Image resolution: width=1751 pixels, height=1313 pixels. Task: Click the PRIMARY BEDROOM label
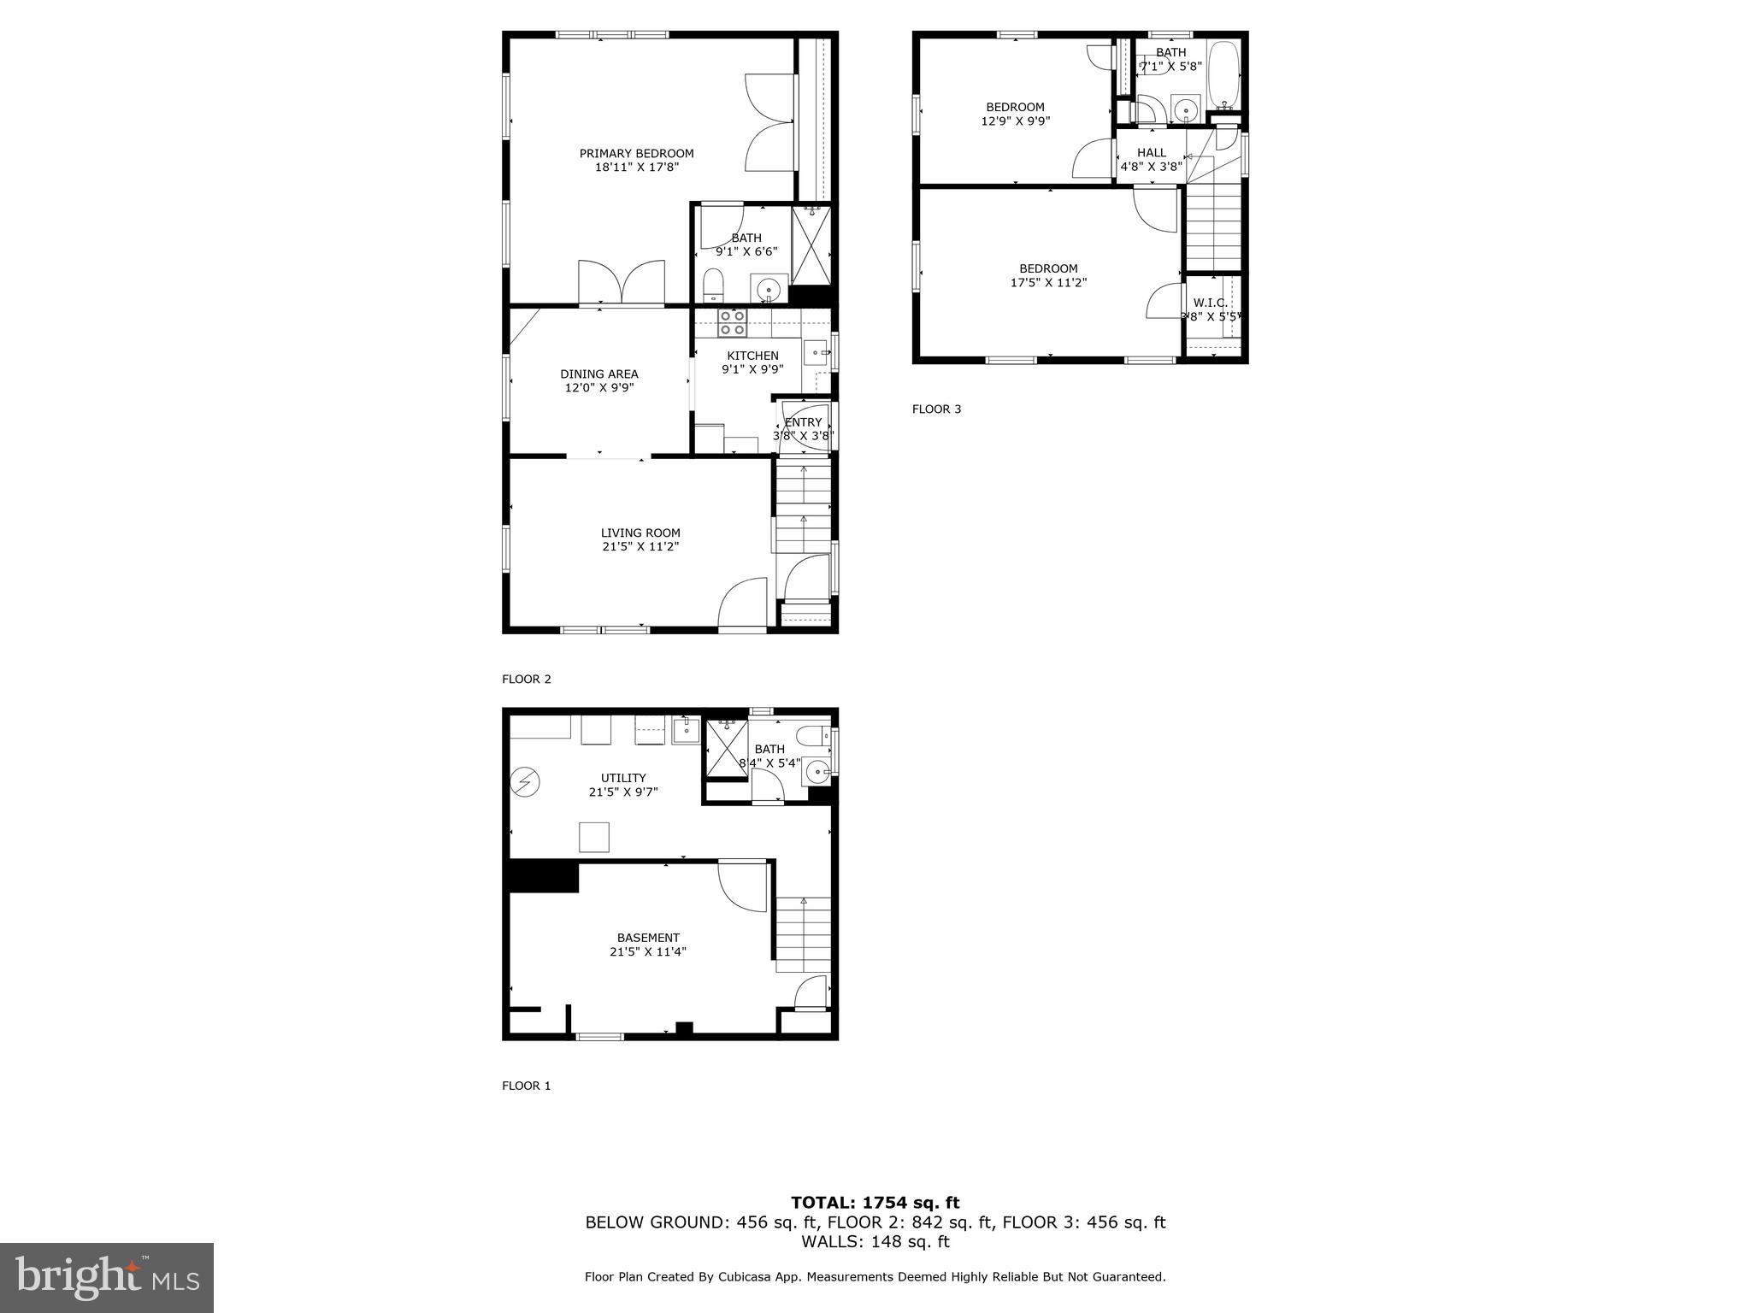pos(636,154)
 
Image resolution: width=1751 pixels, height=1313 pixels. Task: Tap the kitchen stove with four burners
pos(732,322)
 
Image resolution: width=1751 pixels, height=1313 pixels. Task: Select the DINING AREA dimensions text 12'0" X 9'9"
pos(598,388)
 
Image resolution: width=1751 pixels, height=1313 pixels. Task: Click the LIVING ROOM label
pos(640,533)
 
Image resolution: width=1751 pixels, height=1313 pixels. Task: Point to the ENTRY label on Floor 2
pos(803,422)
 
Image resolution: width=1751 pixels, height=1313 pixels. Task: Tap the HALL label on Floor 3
pos(1151,153)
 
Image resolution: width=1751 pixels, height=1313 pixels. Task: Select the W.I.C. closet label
pos(1210,303)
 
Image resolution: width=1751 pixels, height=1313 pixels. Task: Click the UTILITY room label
pos(623,778)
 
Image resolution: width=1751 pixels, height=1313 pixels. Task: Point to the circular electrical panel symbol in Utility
pos(523,781)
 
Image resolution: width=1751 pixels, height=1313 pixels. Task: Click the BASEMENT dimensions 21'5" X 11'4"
pos(648,951)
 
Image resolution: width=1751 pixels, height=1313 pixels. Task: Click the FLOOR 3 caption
pos(936,409)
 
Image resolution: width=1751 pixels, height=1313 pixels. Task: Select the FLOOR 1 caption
pos(526,1086)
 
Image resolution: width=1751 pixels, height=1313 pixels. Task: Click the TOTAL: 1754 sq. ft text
pos(875,1204)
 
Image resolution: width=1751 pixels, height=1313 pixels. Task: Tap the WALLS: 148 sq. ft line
pos(875,1241)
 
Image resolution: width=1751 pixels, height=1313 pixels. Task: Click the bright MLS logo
pos(107,1277)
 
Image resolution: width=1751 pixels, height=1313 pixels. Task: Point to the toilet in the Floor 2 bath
pos(713,285)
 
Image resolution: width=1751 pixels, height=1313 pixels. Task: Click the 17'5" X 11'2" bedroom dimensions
pos(1048,282)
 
